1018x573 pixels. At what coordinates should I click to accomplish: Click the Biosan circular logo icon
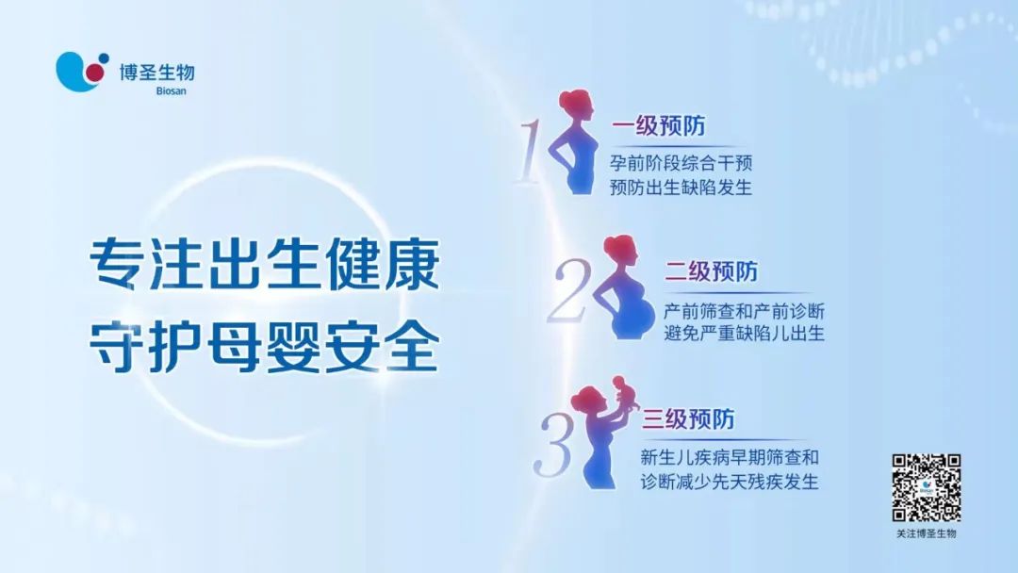pyautogui.click(x=82, y=72)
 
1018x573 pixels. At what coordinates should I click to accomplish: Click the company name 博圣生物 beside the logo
pyautogui.click(x=156, y=72)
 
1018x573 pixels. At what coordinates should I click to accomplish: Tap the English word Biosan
pyautogui.click(x=171, y=90)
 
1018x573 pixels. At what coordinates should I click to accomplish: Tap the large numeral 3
pyautogui.click(x=554, y=445)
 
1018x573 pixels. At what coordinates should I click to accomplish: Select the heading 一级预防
pyautogui.click(x=658, y=126)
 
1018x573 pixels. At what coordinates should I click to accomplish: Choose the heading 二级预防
pyautogui.click(x=711, y=271)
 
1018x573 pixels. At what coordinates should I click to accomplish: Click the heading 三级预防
pyautogui.click(x=688, y=419)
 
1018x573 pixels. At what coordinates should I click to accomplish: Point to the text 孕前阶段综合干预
pyautogui.click(x=681, y=162)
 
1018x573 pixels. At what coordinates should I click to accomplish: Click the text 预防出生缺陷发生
pyautogui.click(x=681, y=188)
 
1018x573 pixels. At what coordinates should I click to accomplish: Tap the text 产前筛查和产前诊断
pyautogui.click(x=744, y=311)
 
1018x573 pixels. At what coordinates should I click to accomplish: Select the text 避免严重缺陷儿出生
pyautogui.click(x=744, y=335)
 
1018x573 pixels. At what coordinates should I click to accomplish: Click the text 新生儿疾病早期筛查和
pyautogui.click(x=730, y=457)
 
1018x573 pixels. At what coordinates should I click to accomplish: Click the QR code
pyautogui.click(x=926, y=488)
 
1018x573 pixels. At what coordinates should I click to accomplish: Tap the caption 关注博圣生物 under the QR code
pyautogui.click(x=927, y=533)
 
